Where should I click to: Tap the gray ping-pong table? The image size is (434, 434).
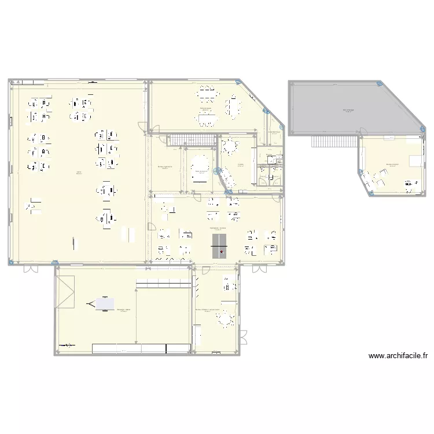coord(220,242)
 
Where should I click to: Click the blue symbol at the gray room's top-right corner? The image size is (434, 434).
coord(380,84)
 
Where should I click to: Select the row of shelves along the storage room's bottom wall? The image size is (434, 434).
coord(141,348)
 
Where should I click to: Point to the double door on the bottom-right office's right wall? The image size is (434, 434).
coord(243,337)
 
